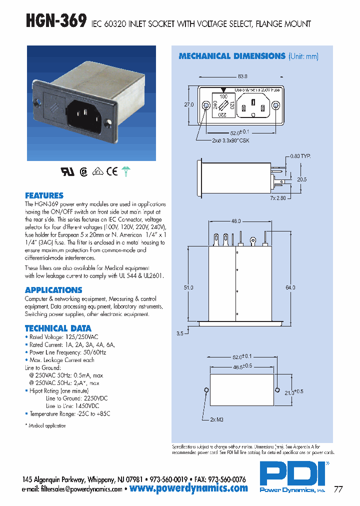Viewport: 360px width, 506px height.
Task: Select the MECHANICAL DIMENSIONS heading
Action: pyautogui.click(x=231, y=56)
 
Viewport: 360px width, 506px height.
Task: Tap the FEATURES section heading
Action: pyautogui.click(x=44, y=195)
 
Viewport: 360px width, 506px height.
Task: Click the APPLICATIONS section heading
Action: pyautogui.click(x=53, y=290)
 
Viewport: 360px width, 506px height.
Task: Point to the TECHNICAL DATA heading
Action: pyautogui.click(x=58, y=328)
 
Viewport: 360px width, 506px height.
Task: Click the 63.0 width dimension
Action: pyautogui.click(x=242, y=76)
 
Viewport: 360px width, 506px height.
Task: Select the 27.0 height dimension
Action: pyautogui.click(x=188, y=105)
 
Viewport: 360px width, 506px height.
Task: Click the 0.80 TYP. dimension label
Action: pyautogui.click(x=300, y=156)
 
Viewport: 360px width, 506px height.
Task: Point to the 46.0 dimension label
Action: pyautogui.click(x=236, y=221)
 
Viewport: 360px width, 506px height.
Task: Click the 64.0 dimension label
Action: pyautogui.click(x=290, y=287)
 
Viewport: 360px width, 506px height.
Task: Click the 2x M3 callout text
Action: pyautogui.click(x=216, y=420)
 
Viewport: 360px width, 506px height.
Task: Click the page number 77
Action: pyautogui.click(x=338, y=489)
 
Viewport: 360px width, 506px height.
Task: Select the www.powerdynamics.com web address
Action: pyautogui.click(x=188, y=488)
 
